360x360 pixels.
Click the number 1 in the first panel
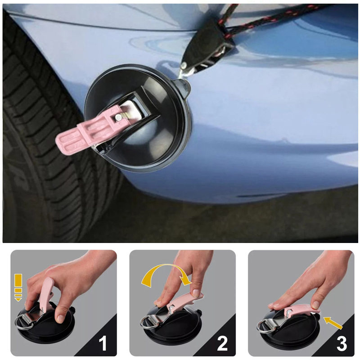(x=103, y=343)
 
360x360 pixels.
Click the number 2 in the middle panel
(x=222, y=343)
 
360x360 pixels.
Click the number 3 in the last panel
(x=342, y=343)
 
